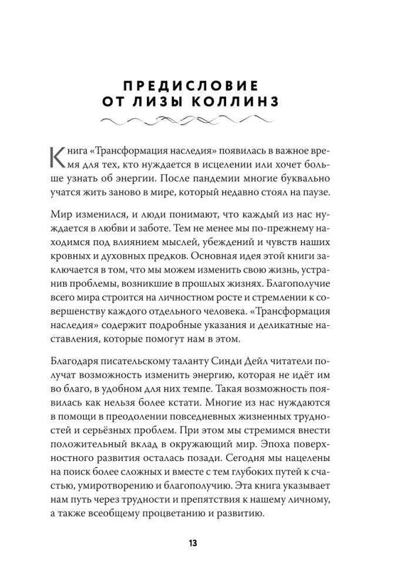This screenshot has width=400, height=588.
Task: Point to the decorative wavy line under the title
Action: coord(199,122)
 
